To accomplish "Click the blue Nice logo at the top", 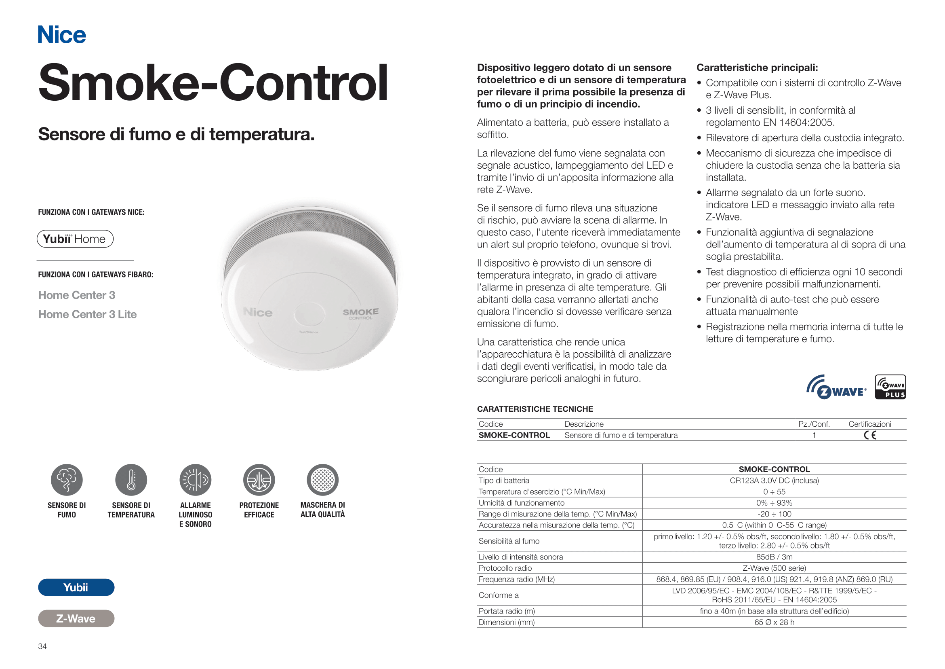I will tap(62, 35).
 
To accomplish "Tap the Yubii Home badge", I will tap(75, 239).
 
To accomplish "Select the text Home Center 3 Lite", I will tap(87, 314).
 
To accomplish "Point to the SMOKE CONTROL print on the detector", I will tap(360, 313).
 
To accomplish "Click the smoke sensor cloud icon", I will tap(67, 480).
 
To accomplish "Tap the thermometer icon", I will tap(131, 480).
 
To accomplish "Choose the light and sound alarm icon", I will tap(196, 480).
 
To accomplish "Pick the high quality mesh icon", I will tap(323, 480).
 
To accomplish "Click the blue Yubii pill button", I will tap(76, 587).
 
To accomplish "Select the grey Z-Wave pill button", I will tap(76, 618).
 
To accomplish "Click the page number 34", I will tap(42, 646).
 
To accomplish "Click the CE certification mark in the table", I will tap(870, 435).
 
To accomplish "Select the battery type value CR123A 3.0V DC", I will tap(774, 481).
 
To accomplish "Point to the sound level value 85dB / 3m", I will tap(774, 557).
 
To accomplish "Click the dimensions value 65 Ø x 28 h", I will tap(774, 622).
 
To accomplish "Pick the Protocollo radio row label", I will tap(505, 568).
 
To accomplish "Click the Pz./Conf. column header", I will tap(814, 424).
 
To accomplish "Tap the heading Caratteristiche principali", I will tap(757, 68).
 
